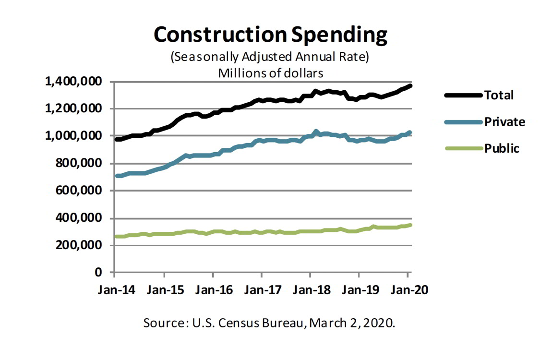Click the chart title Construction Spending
click(270, 35)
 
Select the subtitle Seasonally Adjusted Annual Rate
click(270, 57)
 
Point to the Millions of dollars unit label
click(270, 73)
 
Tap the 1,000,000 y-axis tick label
click(73, 136)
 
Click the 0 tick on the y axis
click(98, 272)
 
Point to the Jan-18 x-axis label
click(310, 290)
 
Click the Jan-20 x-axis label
click(408, 290)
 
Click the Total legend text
click(498, 95)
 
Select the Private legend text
click(504, 122)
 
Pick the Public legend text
click(501, 148)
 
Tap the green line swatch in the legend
click(463, 148)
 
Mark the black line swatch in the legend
click(463, 95)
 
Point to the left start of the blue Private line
click(117, 176)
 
